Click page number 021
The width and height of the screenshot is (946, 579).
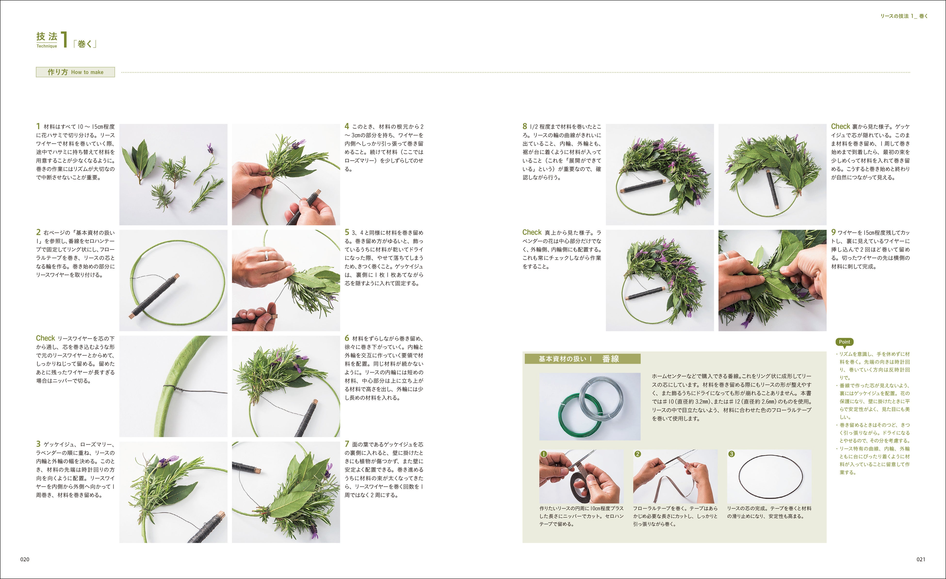[921, 559]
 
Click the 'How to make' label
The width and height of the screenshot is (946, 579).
[87, 72]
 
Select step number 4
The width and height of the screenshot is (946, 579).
[347, 126]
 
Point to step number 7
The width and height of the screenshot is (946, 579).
[347, 444]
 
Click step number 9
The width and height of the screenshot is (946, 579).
[833, 232]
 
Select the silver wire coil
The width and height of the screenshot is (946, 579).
[601, 398]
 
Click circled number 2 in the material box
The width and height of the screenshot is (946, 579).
[638, 454]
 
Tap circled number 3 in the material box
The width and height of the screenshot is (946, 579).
[731, 454]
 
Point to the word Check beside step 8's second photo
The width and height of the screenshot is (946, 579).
[840, 126]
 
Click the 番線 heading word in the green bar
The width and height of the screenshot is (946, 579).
[611, 359]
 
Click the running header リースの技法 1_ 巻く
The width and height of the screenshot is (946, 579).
[904, 16]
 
